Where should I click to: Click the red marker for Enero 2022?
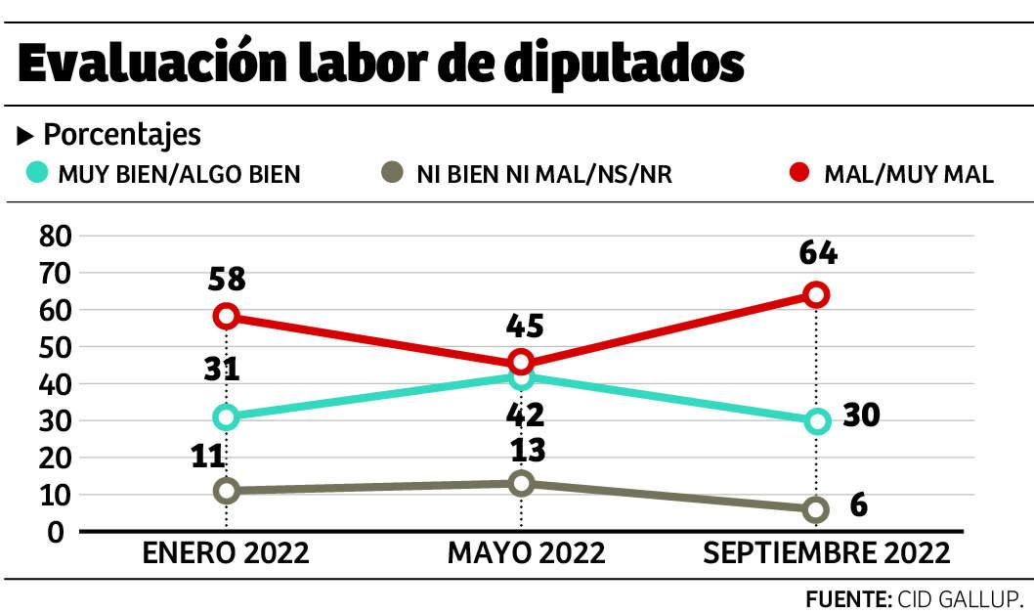(227, 316)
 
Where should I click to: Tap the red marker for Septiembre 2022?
(817, 294)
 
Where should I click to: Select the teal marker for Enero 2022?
(227, 417)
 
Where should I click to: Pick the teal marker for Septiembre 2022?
(817, 421)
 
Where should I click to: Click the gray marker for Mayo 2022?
(522, 483)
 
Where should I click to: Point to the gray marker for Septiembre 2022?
(817, 509)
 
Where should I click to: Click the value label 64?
(817, 253)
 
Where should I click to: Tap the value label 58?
(227, 280)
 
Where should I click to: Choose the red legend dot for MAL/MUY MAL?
(801, 174)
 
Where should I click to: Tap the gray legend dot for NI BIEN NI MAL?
(394, 174)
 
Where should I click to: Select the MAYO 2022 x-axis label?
(526, 554)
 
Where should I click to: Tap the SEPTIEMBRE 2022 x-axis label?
(827, 554)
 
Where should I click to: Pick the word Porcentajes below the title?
(122, 134)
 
